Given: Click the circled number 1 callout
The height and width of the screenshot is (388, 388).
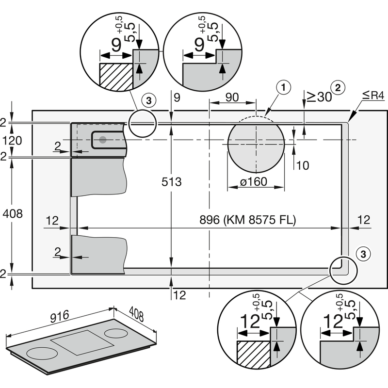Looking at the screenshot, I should tap(284, 87).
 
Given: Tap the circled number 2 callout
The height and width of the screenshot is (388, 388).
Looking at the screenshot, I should tap(339, 87).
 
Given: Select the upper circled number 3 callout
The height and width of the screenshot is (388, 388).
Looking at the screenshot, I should tap(149, 100).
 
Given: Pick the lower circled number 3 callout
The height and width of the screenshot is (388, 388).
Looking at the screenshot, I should tap(364, 253).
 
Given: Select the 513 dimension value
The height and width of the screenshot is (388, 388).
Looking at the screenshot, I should tap(172, 182).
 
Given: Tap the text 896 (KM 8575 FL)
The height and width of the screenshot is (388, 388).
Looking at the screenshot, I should tap(248, 220).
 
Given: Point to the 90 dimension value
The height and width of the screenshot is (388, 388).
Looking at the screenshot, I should tap(232, 97).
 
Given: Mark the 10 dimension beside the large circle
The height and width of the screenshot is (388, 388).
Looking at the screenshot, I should tap(302, 165).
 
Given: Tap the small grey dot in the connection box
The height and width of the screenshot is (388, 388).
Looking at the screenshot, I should tap(103, 140).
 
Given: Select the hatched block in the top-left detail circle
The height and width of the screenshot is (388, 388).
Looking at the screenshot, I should tap(116, 77).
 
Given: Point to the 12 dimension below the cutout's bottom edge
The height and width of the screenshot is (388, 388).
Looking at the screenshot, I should tap(179, 294).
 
